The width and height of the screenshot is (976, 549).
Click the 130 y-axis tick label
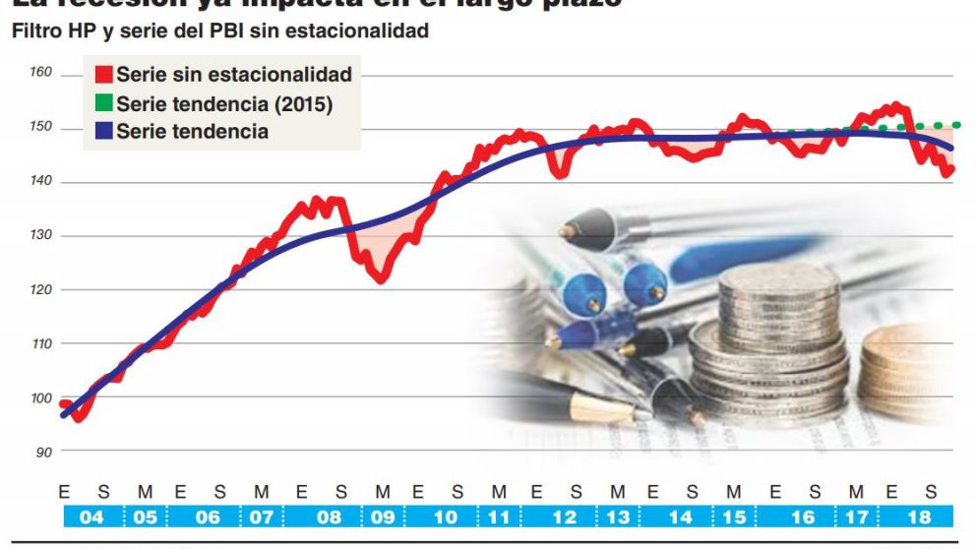tap(40, 236)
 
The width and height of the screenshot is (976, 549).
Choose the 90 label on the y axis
tap(44, 452)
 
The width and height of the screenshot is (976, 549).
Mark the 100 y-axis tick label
tap(40, 397)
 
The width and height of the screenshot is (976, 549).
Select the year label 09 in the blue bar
tap(383, 518)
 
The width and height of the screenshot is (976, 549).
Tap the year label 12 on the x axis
tap(563, 518)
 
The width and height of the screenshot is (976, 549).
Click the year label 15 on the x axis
tap(734, 518)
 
